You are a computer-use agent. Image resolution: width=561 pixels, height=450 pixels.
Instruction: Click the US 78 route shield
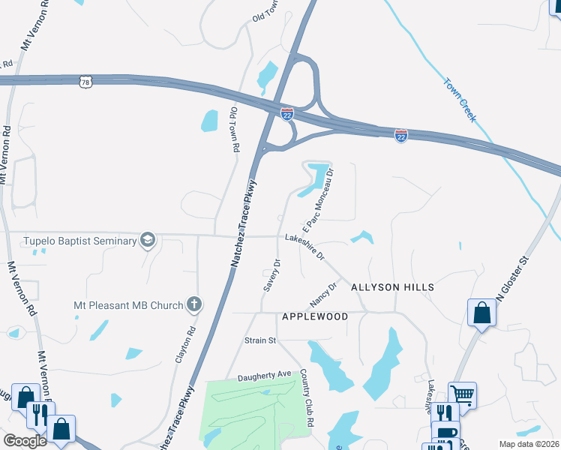[x=86, y=80]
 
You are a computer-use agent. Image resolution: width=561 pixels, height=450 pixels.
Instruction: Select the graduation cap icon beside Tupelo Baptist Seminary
[x=148, y=240]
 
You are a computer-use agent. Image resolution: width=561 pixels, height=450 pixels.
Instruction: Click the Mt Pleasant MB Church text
[x=127, y=305]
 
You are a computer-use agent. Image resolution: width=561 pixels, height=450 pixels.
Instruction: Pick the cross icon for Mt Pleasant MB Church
[x=194, y=304]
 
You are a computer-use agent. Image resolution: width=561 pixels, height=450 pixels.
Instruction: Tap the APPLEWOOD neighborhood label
[x=315, y=316]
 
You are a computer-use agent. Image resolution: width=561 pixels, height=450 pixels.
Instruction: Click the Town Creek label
[x=460, y=100]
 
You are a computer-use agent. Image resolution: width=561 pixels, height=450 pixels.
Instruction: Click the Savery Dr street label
[x=271, y=276]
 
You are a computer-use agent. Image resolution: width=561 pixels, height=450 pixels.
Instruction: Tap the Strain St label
[x=260, y=340]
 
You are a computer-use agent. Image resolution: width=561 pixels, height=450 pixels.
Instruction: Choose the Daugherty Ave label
[x=264, y=373]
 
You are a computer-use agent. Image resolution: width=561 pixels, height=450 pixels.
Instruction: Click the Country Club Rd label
[x=307, y=388]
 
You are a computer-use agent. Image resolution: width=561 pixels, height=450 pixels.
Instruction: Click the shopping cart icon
[x=463, y=394]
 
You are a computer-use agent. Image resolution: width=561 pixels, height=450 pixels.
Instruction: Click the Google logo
[x=25, y=441]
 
